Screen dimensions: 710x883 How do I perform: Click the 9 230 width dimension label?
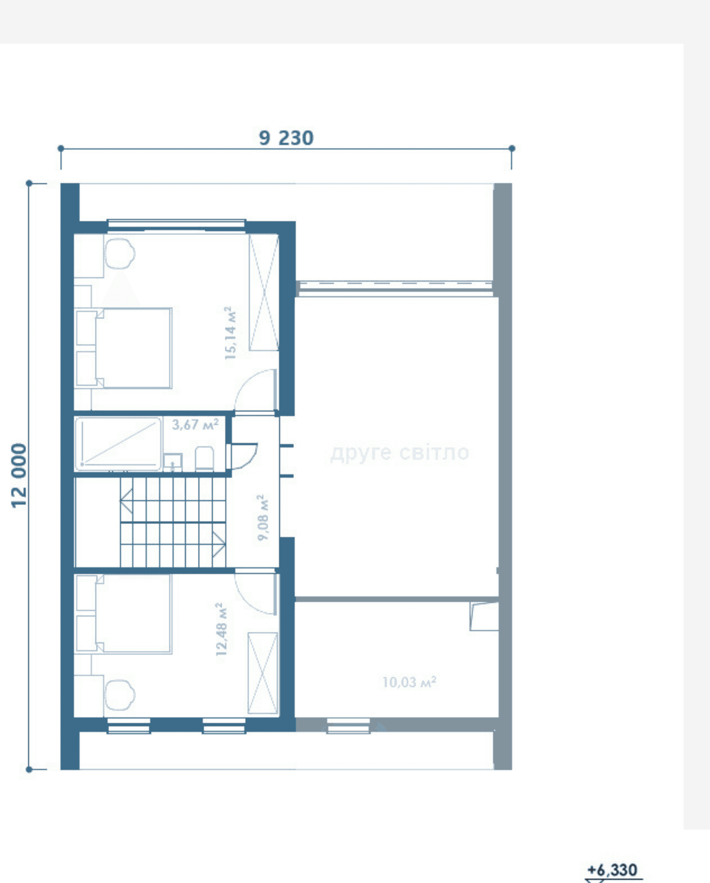tap(286, 138)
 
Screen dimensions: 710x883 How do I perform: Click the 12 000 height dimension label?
tap(19, 476)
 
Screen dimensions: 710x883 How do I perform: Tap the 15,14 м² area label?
tap(231, 333)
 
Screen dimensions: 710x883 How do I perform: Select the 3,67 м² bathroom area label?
tap(195, 424)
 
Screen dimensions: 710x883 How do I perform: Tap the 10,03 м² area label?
tap(409, 682)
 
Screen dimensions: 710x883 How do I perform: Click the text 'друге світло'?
tap(400, 453)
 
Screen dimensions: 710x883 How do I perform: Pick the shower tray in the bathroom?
tap(118, 444)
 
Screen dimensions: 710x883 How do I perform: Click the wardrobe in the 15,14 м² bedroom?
tap(264, 293)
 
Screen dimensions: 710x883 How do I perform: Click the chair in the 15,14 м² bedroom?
tap(120, 254)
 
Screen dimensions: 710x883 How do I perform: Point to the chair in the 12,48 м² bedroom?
tap(120, 695)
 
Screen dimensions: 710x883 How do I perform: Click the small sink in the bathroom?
tap(173, 462)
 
